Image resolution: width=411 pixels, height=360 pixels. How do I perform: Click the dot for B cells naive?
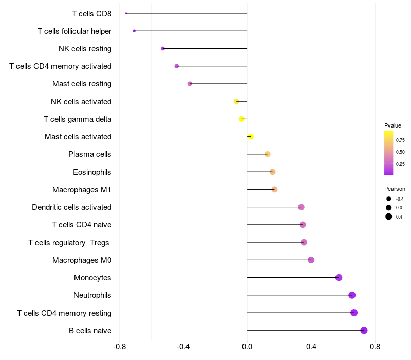tap(364, 330)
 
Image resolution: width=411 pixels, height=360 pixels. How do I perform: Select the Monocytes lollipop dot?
tap(339, 277)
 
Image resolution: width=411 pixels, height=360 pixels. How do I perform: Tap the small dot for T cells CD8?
tap(126, 13)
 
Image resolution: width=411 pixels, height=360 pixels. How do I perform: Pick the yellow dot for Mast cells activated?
tap(251, 137)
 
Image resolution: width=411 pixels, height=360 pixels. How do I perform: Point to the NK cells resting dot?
tap(163, 48)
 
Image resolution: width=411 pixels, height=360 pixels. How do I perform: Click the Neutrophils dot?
tap(352, 295)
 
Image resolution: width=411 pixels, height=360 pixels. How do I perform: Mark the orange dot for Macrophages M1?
tap(274, 189)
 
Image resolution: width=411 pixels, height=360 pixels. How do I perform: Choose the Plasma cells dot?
tap(267, 154)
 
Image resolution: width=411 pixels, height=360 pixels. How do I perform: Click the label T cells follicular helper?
tap(74, 31)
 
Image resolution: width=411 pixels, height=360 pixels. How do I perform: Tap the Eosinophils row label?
tap(92, 172)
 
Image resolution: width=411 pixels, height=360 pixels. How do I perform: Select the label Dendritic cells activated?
tap(72, 207)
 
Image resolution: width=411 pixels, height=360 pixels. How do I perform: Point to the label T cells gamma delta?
tap(78, 119)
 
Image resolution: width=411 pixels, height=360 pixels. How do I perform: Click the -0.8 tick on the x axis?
tap(119, 347)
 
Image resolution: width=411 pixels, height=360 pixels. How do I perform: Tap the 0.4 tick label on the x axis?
tap(311, 347)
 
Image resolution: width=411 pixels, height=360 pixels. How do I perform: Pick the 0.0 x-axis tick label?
tap(247, 347)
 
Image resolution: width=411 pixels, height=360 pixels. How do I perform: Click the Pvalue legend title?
tap(393, 125)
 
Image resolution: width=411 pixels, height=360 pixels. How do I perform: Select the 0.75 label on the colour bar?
tap(400, 140)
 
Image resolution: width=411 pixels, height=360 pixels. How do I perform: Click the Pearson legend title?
tap(395, 189)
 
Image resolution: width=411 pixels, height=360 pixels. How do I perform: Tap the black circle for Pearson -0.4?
tap(389, 199)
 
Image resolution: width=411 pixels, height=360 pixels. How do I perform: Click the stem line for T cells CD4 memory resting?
tap(301, 313)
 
